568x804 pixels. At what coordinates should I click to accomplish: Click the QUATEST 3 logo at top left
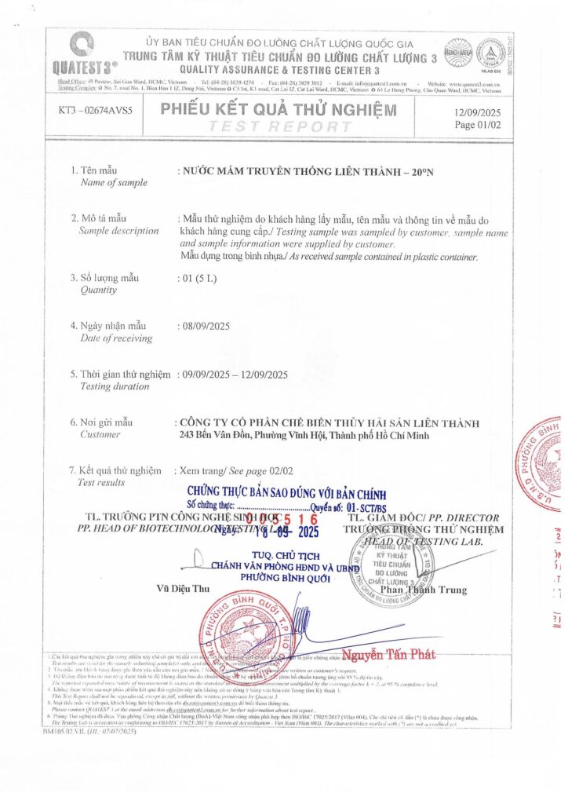[x=81, y=51]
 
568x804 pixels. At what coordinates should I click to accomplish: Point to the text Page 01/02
[x=476, y=124]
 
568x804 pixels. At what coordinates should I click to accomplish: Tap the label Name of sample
[x=115, y=182]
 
